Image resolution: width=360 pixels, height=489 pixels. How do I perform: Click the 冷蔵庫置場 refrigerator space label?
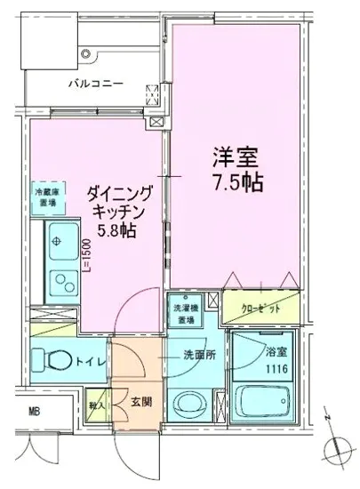point(47,196)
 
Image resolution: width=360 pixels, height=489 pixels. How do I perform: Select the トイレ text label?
point(95,362)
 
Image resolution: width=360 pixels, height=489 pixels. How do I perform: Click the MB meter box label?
point(33,410)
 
